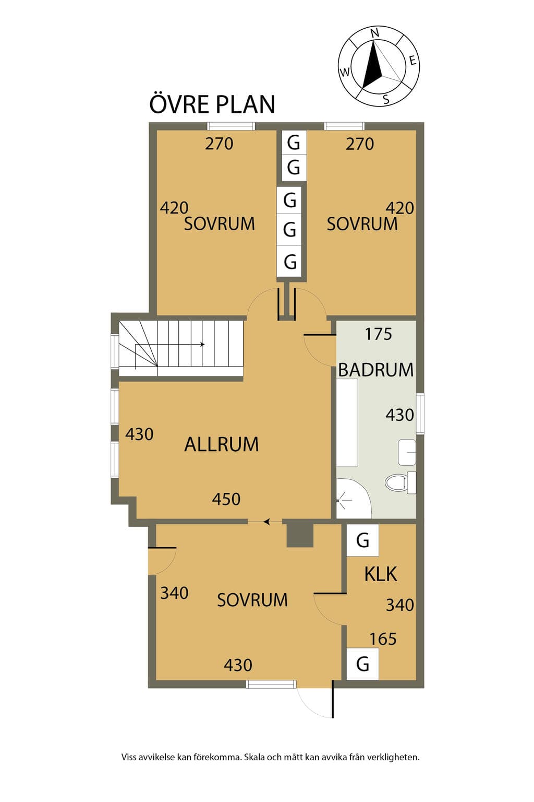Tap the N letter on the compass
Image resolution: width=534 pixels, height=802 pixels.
pos(374,33)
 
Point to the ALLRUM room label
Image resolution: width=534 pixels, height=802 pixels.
pos(222,444)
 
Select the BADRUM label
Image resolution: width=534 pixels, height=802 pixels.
pos(375,370)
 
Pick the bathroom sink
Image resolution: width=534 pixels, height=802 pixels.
pos(407,452)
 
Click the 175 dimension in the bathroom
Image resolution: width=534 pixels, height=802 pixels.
pos(378,334)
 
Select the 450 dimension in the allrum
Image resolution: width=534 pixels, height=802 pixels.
pos(226,499)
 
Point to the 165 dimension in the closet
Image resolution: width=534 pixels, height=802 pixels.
pos(383,639)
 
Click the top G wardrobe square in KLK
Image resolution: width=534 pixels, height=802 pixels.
pos(362,540)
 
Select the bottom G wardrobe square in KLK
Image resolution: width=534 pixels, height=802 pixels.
pos(362,664)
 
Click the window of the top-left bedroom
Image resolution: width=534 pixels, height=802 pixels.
pos(231,126)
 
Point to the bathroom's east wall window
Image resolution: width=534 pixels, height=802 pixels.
pos(420,414)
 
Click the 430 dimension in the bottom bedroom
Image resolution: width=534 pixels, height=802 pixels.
pos(238,665)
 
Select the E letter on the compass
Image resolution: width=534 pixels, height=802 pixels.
pos(412,61)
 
